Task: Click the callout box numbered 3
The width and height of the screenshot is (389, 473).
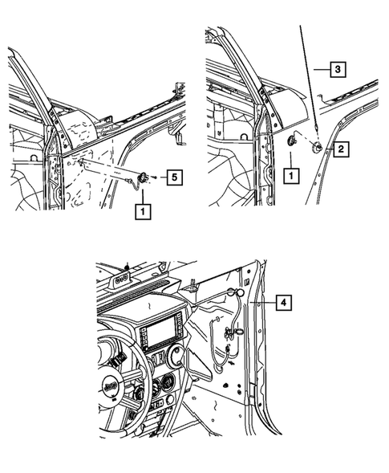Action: coord(339,71)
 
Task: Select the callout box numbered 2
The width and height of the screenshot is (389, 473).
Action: coord(341,149)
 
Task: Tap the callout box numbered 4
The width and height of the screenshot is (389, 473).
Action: coord(282,303)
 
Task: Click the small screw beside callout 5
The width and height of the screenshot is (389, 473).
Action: coord(153,176)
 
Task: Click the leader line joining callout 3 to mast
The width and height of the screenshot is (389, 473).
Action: coord(320,71)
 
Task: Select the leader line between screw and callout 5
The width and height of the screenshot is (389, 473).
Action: coord(161,175)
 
